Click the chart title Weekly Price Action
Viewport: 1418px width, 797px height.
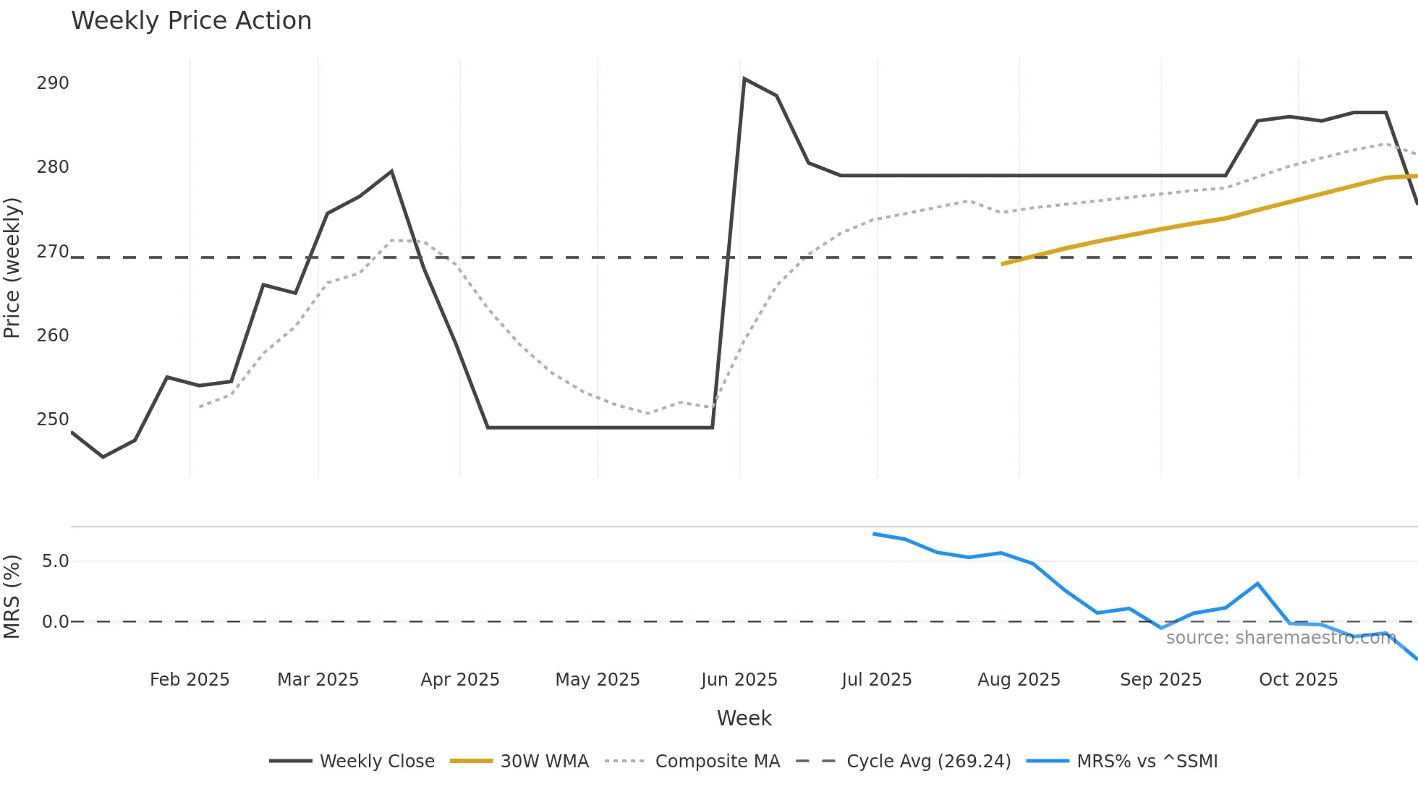[191, 21]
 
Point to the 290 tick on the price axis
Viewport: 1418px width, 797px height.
[53, 83]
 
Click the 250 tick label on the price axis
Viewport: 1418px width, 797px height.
[53, 419]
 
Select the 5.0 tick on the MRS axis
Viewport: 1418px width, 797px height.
[55, 561]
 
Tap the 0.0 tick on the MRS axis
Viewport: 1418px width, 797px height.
[55, 622]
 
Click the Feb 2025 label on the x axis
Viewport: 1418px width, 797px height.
[190, 680]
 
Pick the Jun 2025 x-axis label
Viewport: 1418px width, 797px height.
[739, 680]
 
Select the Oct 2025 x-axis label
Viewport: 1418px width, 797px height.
[1298, 680]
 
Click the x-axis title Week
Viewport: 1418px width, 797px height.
[744, 718]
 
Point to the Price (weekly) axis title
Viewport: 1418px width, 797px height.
[12, 268]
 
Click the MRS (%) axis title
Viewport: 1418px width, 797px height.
[12, 597]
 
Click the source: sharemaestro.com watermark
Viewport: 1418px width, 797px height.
[1281, 638]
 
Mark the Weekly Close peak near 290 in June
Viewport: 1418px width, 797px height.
[744, 80]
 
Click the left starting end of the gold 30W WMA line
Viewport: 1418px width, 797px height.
[1003, 264]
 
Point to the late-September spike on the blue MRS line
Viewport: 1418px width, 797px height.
[1257, 584]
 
